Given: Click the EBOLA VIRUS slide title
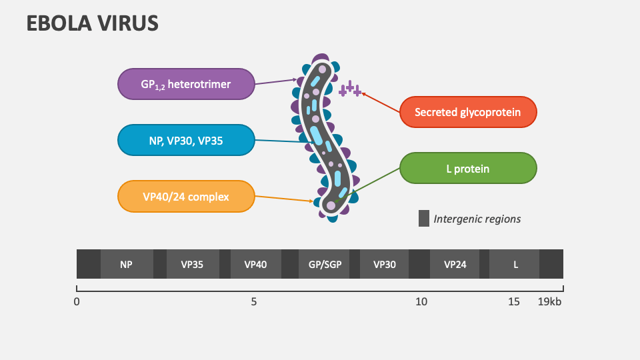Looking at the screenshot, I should (x=92, y=23).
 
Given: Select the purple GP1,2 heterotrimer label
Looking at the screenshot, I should (x=186, y=84).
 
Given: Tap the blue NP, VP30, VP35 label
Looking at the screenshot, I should (x=186, y=140).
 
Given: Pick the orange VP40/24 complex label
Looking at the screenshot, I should (x=186, y=197).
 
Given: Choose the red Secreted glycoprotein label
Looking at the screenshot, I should (x=467, y=113).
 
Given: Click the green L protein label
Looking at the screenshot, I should (x=467, y=169).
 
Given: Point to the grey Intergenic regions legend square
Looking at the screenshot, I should (x=424, y=219).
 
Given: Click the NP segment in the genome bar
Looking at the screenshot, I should (x=127, y=264).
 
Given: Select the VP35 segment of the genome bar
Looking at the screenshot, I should (x=192, y=264).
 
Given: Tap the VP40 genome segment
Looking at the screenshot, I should (x=255, y=264).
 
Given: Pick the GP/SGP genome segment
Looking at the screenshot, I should (x=325, y=264).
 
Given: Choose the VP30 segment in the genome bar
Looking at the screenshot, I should (x=385, y=264).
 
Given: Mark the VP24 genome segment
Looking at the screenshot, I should (x=455, y=264).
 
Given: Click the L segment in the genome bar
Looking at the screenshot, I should (x=515, y=264).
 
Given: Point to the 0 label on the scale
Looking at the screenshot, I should (x=77, y=301).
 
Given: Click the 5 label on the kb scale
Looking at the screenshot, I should (x=254, y=301).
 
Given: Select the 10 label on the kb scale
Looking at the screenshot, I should (x=421, y=301).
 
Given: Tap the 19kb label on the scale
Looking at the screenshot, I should (x=550, y=301).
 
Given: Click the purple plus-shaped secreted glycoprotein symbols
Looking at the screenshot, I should (x=350, y=89).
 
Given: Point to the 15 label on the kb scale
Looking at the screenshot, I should (x=513, y=301).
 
